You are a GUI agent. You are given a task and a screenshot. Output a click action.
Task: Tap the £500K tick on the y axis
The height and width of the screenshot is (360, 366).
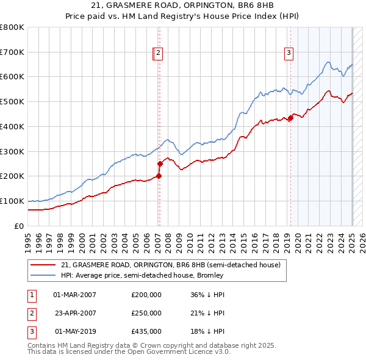pos(12,101)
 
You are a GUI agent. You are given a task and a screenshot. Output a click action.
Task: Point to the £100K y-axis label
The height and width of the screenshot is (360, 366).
pos(12,201)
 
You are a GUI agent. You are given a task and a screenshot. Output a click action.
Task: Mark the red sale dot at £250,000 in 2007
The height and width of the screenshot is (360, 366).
pos(160,164)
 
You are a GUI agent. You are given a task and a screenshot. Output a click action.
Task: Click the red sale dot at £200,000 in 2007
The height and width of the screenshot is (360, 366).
pos(159,176)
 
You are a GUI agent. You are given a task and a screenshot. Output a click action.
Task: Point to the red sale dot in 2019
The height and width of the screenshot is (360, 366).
pos(290,118)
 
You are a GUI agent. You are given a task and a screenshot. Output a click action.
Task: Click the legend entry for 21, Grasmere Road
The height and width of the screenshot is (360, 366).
pos(170,265)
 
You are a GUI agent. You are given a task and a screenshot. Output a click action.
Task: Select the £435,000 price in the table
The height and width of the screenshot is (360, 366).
pos(146,331)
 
